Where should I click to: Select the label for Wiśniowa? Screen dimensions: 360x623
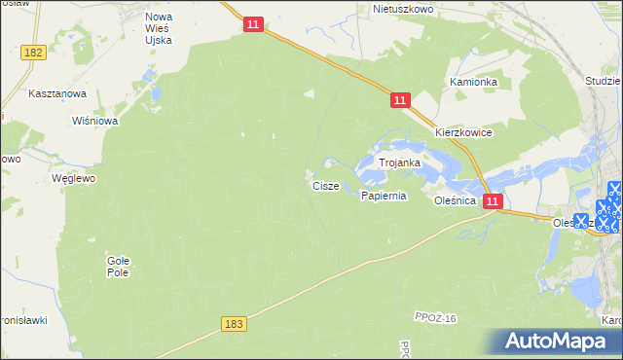click(95, 122)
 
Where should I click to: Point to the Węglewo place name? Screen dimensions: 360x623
click(74, 179)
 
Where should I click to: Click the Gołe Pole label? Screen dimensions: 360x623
click(118, 266)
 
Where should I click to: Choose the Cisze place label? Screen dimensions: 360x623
click(325, 185)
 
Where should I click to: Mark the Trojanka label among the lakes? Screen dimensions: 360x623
click(399, 163)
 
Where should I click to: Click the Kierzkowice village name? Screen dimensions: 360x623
click(463, 132)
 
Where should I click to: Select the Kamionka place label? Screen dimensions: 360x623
click(473, 83)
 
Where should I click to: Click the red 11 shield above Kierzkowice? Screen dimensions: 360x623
click(401, 100)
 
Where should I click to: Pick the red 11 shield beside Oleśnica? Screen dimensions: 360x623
click(493, 201)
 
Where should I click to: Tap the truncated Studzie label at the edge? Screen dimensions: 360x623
click(604, 83)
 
